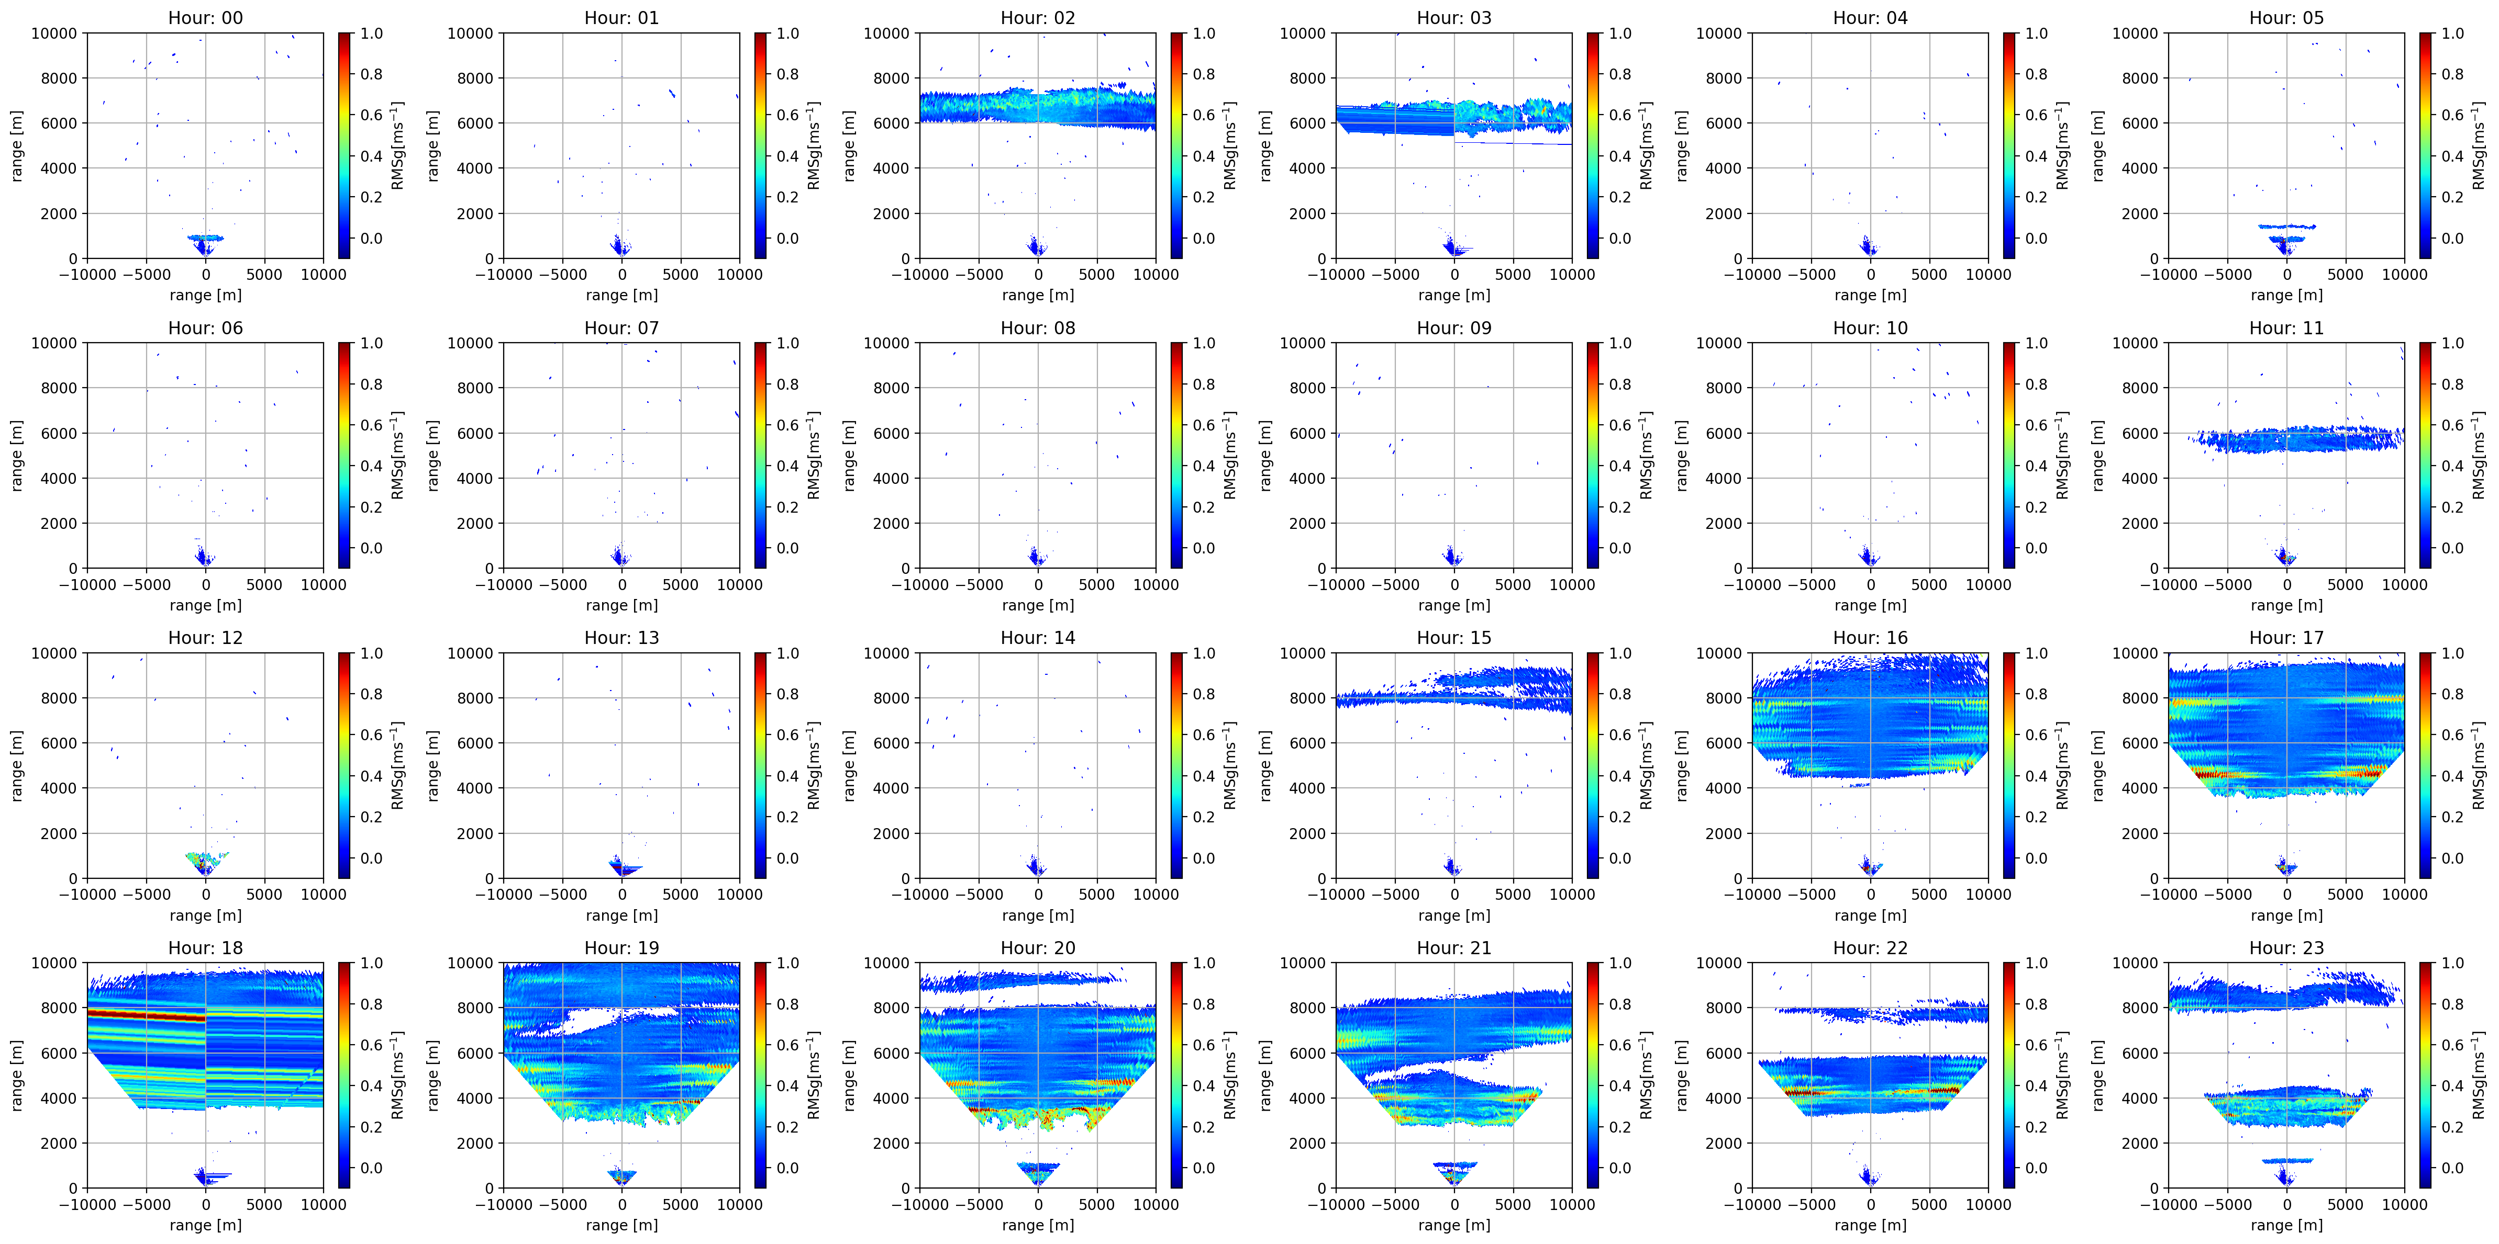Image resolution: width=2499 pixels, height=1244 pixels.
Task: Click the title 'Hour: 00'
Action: coord(206,17)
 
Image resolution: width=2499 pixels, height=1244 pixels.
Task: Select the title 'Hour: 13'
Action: coord(622,638)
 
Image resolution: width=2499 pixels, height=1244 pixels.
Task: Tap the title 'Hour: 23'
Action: coord(2286,948)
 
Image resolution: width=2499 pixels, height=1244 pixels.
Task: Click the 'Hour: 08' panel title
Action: coord(1038,327)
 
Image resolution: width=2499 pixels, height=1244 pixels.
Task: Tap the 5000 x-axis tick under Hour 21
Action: coord(1513,1204)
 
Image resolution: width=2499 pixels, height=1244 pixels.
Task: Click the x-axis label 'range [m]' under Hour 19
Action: coord(622,1225)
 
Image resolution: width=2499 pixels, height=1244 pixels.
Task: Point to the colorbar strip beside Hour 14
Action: coord(1177,765)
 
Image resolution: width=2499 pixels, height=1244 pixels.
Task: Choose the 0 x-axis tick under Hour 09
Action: coord(1454,585)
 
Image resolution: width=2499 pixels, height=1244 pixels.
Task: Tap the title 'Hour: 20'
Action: coord(1038,948)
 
